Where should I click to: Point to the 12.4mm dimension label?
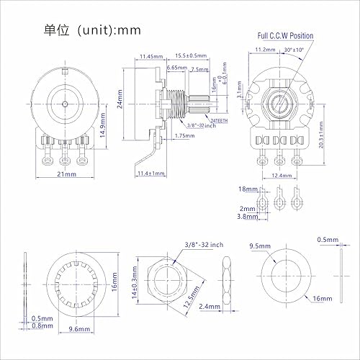(x=282, y=175)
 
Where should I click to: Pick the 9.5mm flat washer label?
(x=260, y=246)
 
